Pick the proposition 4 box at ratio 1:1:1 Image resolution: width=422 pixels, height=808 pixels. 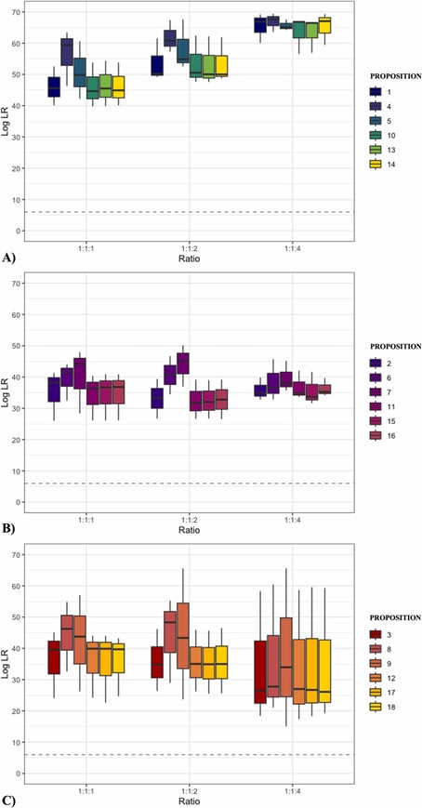(67, 52)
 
